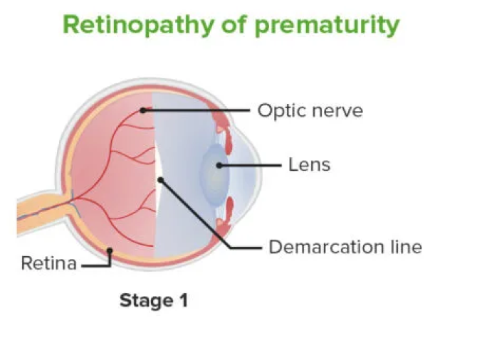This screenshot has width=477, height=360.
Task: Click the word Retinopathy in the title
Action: point(139,25)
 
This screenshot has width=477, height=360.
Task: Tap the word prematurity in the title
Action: point(327,25)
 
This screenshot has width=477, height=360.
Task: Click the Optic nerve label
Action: point(310,110)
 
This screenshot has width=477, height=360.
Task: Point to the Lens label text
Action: point(309,165)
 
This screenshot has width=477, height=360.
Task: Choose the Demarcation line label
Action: point(345,247)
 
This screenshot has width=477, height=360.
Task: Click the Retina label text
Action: point(48,263)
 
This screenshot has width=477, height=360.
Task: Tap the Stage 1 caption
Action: point(154,300)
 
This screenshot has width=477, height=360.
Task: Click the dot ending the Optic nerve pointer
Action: point(142,110)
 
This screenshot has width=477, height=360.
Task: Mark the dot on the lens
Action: point(219,165)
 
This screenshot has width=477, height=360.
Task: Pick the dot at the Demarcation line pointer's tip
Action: point(161,180)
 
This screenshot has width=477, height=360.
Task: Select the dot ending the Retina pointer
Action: point(110,250)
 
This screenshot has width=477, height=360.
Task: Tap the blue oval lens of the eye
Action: point(214,175)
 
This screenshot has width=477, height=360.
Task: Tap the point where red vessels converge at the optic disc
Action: point(74,199)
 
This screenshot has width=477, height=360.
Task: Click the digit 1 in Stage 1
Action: point(184,300)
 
